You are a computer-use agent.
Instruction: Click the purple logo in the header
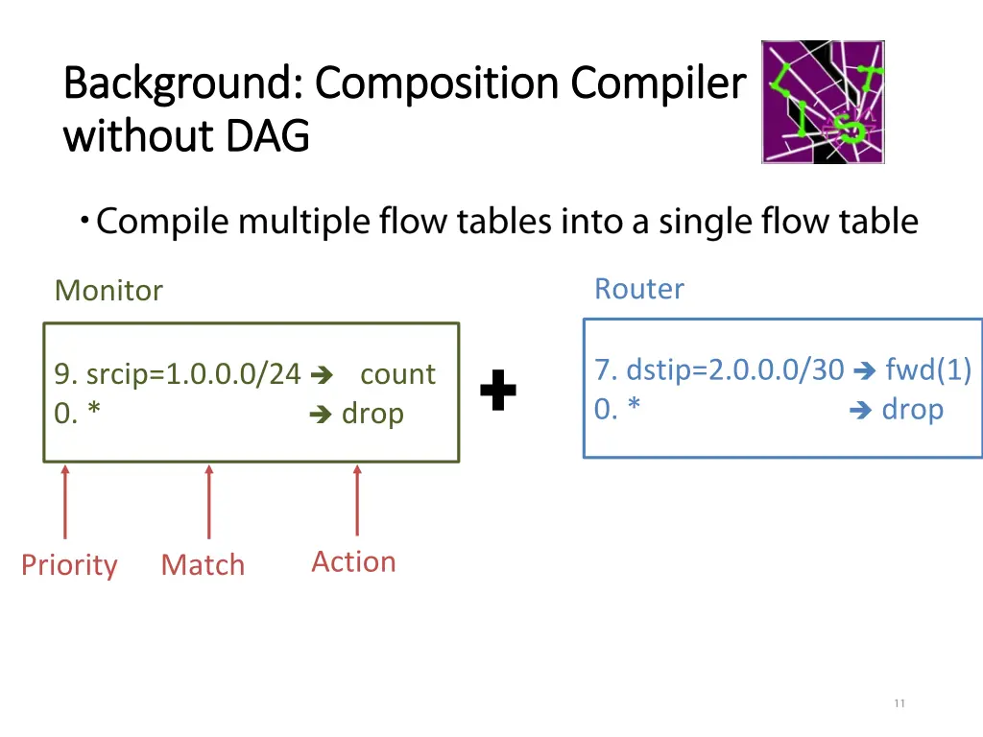pos(823,102)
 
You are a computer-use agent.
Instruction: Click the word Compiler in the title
pos(658,83)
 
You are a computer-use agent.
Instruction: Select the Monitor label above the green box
pos(108,290)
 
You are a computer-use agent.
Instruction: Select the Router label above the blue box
pos(639,288)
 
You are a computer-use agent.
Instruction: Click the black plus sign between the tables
pos(498,391)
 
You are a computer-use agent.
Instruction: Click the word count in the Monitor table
pos(397,373)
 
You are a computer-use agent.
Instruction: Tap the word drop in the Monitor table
pos(372,414)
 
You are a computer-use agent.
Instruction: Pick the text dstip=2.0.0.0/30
pos(734,369)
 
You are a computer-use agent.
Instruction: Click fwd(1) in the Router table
pos(928,369)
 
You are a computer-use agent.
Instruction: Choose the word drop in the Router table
pos(912,409)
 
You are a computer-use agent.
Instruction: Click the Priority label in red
pos(69,564)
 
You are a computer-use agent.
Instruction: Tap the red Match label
pos(203,564)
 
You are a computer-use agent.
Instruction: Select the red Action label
pos(353,561)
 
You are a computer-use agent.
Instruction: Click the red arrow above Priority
pos(65,501)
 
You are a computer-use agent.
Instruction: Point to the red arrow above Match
pos(208,501)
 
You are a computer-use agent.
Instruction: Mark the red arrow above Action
pos(357,499)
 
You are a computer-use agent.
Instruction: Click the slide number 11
pos(899,703)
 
